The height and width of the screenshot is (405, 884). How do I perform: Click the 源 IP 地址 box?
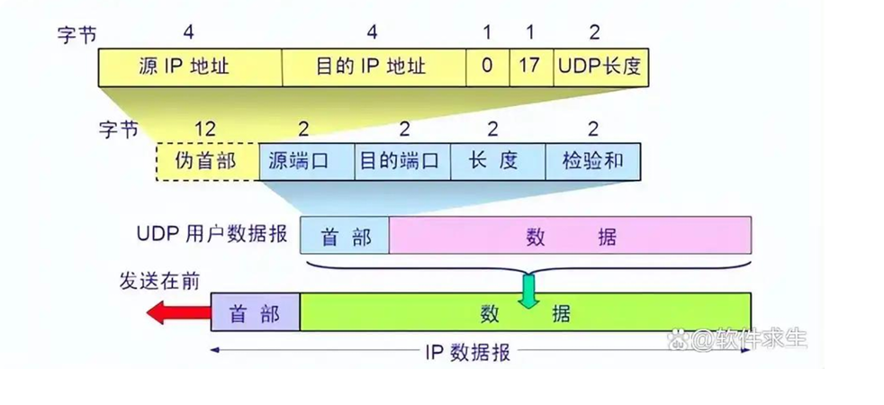tap(190, 67)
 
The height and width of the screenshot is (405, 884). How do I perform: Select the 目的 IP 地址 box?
tap(374, 67)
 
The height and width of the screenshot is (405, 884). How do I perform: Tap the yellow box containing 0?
tap(487, 67)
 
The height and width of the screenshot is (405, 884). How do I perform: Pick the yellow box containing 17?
tap(530, 67)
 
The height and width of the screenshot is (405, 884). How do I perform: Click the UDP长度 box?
tap(600, 67)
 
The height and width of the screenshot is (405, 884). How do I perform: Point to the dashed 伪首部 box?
tap(207, 161)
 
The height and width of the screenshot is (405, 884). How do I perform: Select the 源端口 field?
tap(306, 161)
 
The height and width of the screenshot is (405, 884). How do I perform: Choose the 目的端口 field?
tap(401, 161)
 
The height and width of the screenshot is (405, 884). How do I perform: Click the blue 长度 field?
tap(497, 161)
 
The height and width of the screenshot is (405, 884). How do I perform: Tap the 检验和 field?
tap(592, 161)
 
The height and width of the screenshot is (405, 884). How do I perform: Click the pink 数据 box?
tap(571, 236)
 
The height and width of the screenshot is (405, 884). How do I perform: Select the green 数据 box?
tap(525, 313)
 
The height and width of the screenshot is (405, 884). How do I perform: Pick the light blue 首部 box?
tap(346, 236)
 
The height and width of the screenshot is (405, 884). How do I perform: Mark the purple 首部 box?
tap(255, 313)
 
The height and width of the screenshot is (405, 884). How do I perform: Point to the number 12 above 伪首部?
tap(206, 129)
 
